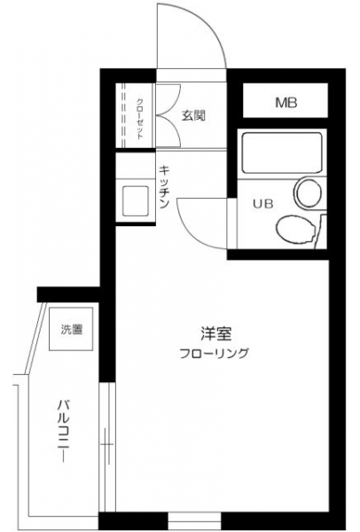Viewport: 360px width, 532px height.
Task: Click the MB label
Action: (286, 102)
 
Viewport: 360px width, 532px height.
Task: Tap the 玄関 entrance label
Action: (193, 116)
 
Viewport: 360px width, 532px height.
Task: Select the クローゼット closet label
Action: (140, 119)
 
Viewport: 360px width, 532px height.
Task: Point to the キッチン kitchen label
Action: (164, 186)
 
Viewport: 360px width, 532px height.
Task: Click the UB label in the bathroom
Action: (263, 204)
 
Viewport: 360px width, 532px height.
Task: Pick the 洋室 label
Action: (215, 333)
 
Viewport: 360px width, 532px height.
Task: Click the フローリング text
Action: (214, 353)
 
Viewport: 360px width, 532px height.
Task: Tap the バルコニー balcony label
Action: (63, 431)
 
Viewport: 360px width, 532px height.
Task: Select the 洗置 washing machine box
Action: (71, 329)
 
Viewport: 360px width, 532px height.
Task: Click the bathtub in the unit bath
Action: (282, 153)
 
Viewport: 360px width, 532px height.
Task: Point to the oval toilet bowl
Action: (294, 230)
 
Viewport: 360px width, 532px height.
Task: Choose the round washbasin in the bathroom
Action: (309, 192)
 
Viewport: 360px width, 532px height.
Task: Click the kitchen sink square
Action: (136, 200)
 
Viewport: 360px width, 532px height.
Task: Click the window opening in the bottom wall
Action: (194, 522)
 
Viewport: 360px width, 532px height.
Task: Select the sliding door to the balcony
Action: (107, 447)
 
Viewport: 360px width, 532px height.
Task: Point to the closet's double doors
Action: (168, 115)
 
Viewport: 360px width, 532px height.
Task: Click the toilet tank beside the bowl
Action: (321, 231)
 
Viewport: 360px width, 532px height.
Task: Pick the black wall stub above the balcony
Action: (68, 294)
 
